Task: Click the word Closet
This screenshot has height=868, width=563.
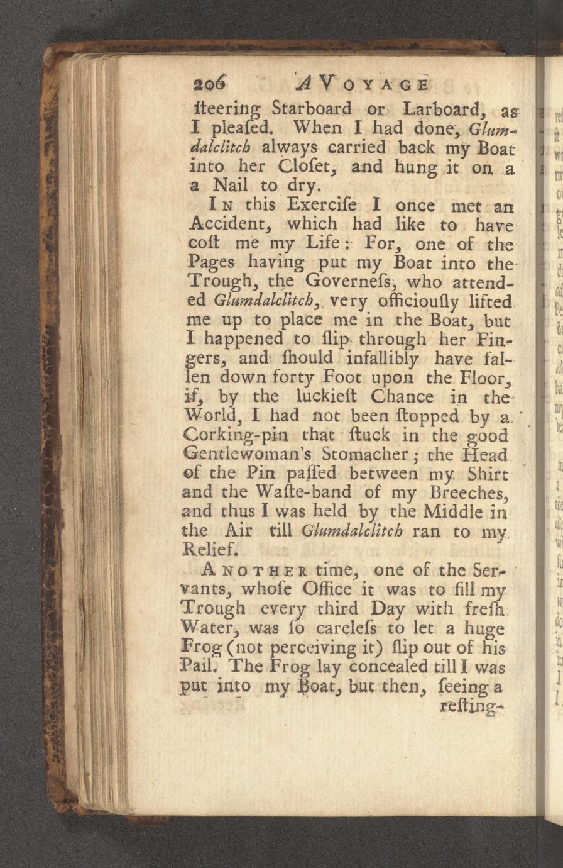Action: coord(304,168)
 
